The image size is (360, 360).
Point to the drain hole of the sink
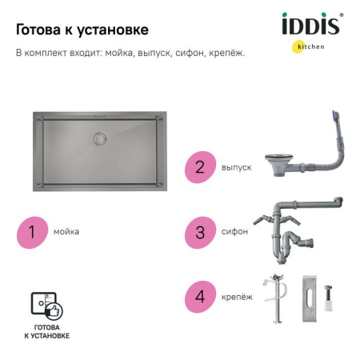click(x=100, y=138)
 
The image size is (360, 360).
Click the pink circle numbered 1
click(x=32, y=232)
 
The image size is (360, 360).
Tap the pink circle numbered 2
click(x=200, y=167)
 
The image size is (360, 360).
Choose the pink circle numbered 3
click(x=200, y=231)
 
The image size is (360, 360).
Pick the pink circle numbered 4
click(x=200, y=296)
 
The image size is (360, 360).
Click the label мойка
click(x=66, y=232)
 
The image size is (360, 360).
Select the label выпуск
click(x=236, y=168)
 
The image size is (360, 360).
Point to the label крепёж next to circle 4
click(x=236, y=297)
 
